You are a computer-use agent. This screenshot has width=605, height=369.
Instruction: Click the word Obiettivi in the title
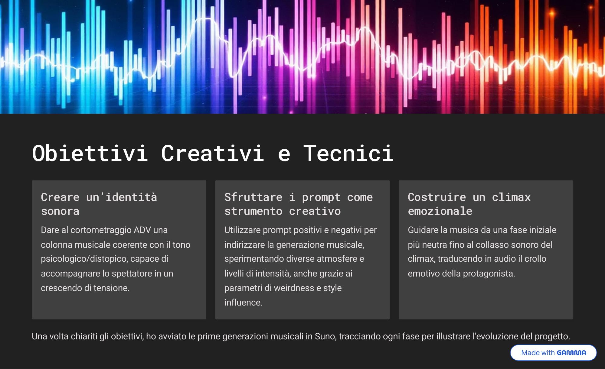(90, 153)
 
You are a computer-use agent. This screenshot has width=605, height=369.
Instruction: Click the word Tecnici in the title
(348, 153)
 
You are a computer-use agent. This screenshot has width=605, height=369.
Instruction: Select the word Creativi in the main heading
(213, 153)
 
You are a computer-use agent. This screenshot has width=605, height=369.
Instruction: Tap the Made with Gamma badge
(553, 353)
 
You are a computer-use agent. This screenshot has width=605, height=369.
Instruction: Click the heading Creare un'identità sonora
(99, 204)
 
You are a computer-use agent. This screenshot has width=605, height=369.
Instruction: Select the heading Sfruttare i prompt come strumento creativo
(298, 204)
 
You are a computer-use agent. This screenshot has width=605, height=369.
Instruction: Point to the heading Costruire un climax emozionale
(469, 204)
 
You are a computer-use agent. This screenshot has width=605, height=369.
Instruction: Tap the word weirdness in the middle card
(294, 288)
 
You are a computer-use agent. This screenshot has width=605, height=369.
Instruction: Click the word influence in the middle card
(243, 303)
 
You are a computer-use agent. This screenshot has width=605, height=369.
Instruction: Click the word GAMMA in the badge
(571, 353)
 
